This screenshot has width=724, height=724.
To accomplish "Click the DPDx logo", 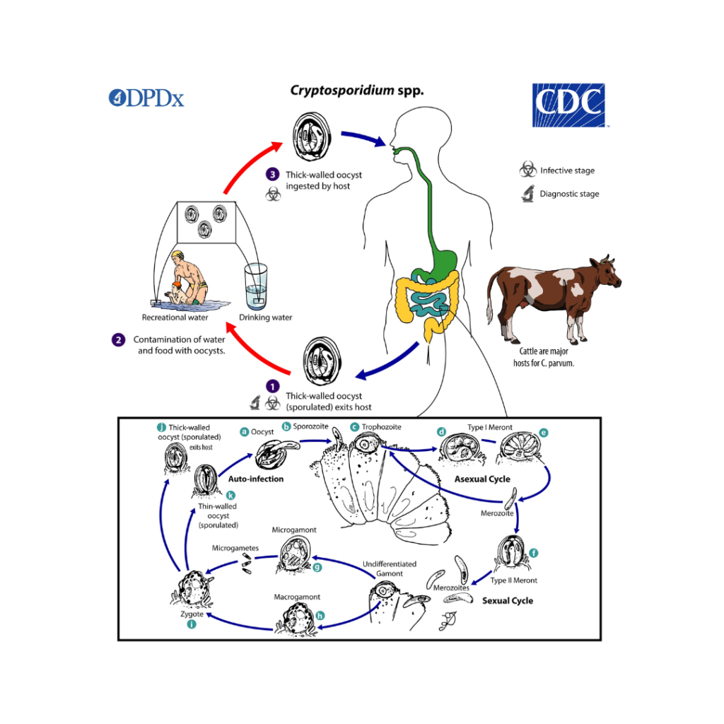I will coord(146,98).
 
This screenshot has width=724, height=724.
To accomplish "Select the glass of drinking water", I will coord(257,286).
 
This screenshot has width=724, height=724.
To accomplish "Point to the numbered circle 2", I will coord(117,339).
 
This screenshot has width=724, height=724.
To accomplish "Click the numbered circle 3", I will coord(272,174).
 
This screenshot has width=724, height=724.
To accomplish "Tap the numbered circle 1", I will coord(272,386).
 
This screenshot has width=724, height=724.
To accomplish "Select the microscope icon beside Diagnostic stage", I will coord(527,193).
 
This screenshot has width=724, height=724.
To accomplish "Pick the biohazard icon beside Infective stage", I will coord(527,170).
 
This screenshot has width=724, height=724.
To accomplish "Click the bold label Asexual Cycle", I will coord(482,479).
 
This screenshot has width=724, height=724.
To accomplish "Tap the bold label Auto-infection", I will coord(256,479).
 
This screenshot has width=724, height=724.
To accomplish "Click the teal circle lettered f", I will coord(533,552).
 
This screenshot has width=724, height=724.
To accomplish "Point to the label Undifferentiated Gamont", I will coord(389,568).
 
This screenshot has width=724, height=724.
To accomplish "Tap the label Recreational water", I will coord(175,317).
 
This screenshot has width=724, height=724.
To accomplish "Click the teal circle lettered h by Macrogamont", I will coord(320,615).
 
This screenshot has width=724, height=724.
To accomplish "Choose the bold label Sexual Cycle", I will coord(508,601).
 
